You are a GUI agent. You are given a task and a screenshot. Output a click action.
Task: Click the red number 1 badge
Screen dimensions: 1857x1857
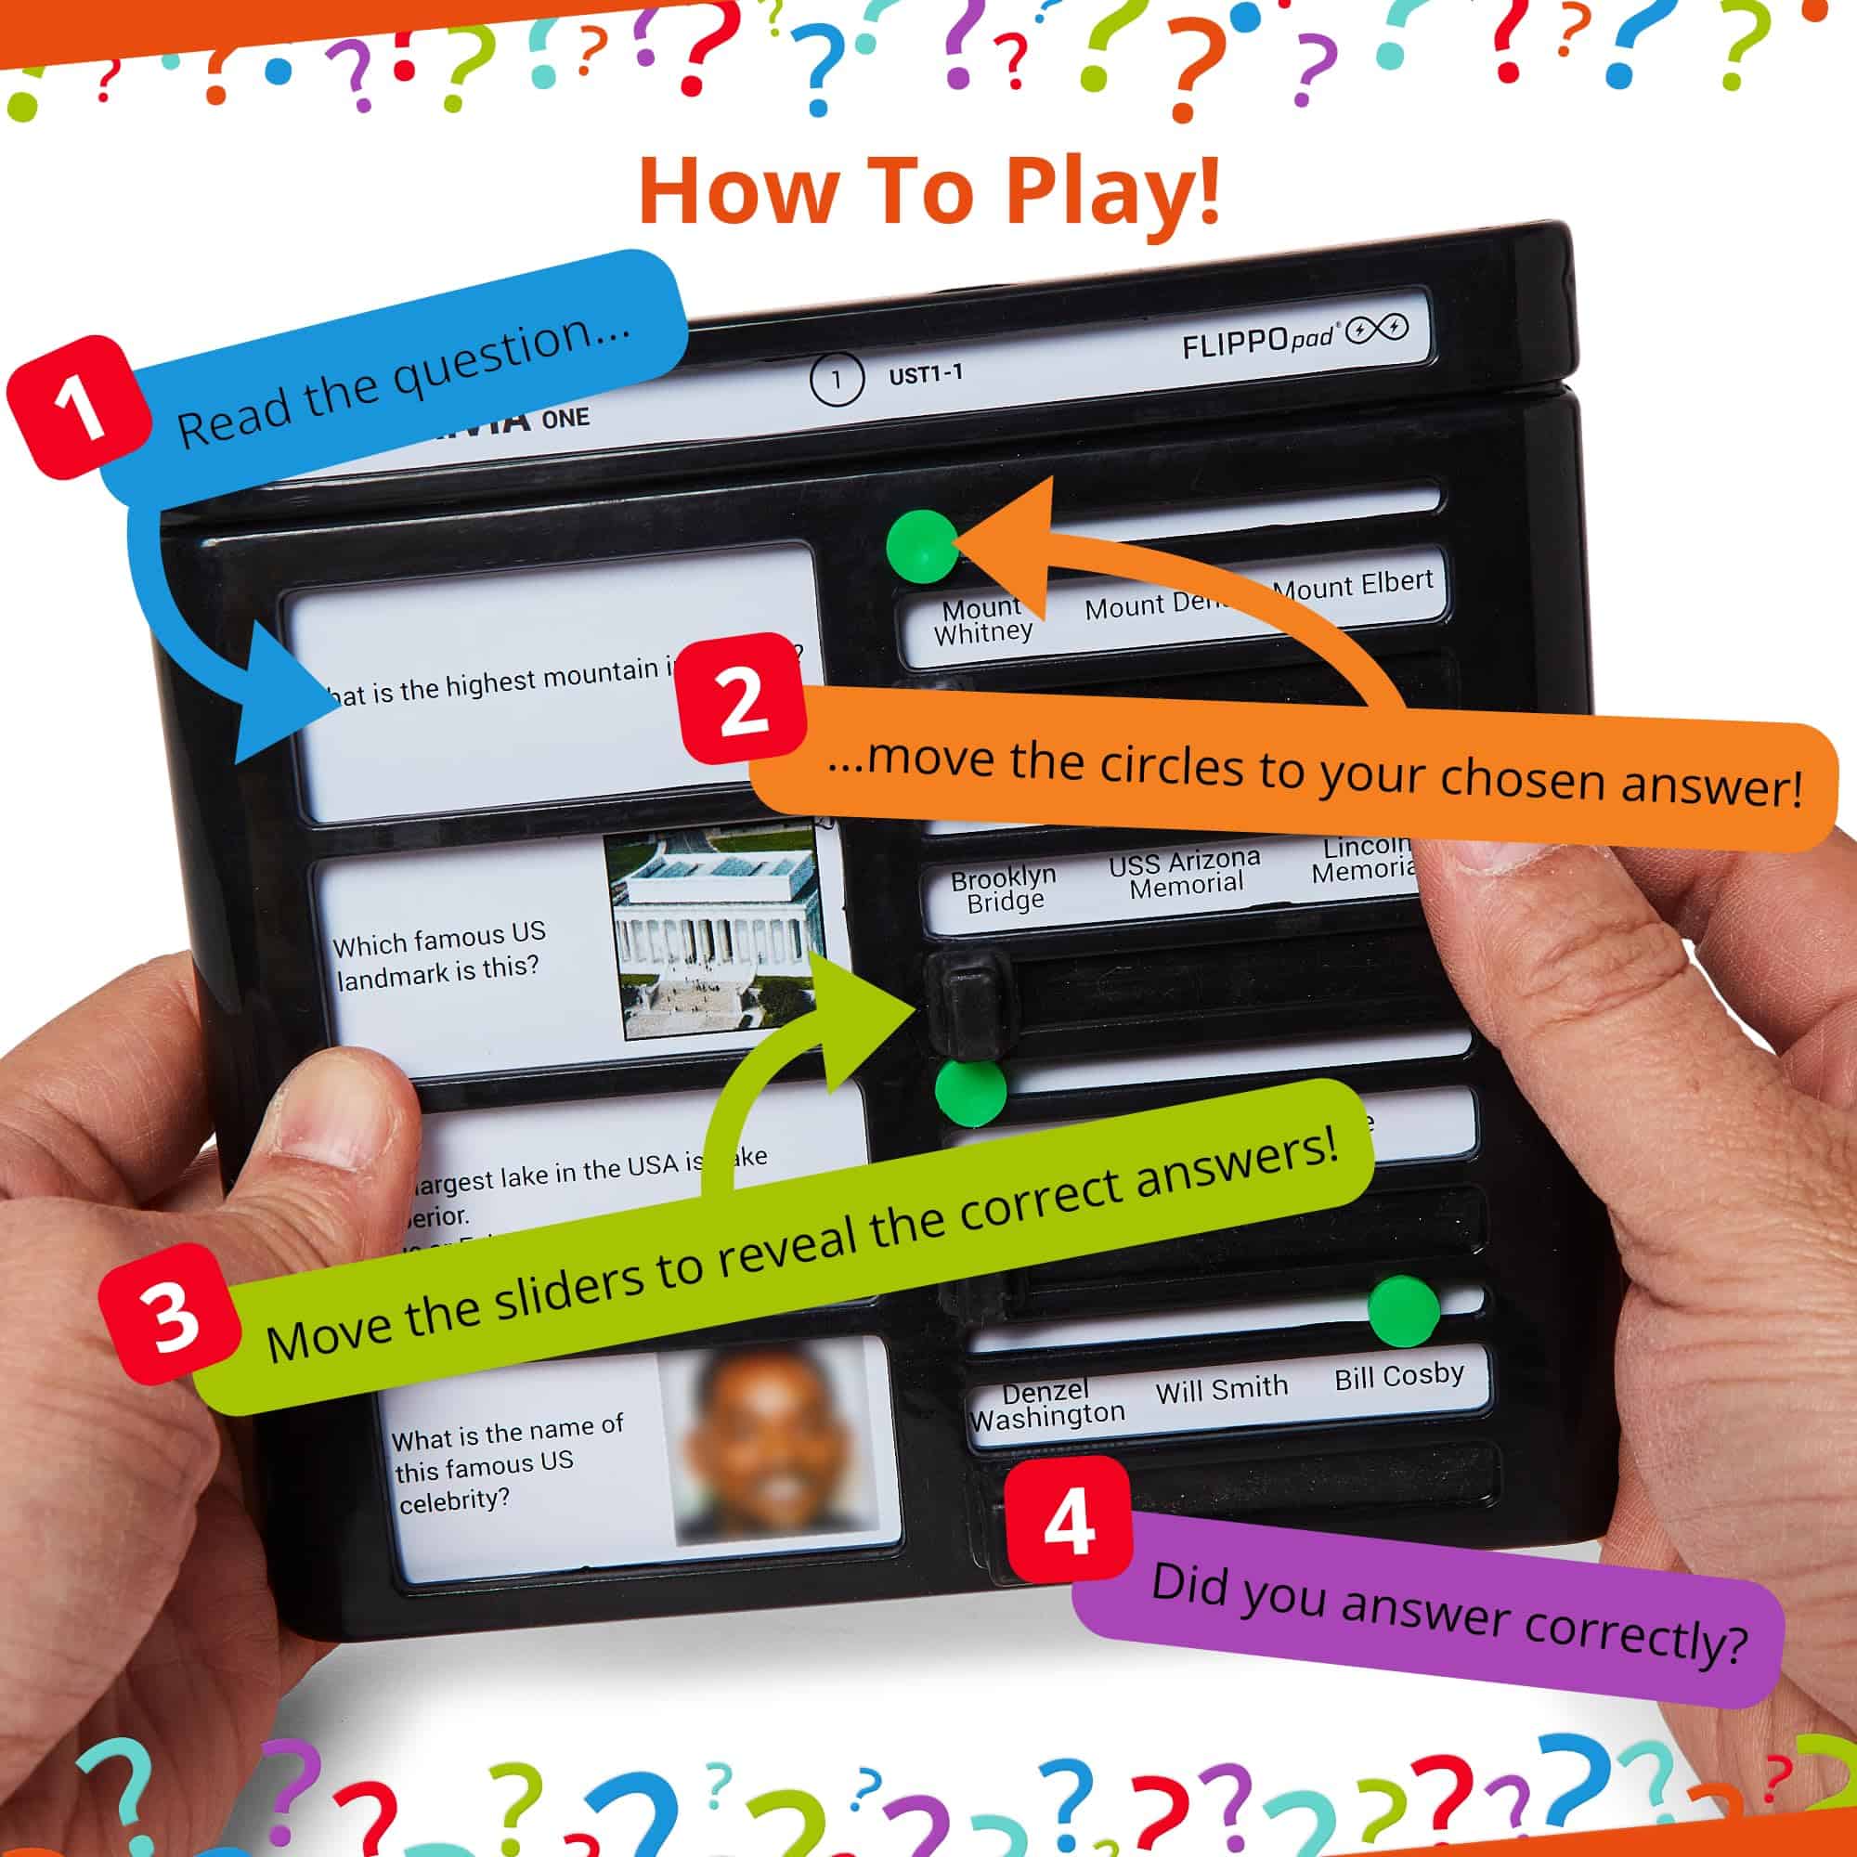(x=79, y=407)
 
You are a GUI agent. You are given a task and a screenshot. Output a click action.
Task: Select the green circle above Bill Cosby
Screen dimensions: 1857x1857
(x=1402, y=1311)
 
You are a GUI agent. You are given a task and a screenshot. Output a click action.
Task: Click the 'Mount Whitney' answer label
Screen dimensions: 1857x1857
(x=982, y=621)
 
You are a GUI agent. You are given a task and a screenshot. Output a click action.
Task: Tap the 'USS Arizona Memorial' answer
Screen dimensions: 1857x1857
(x=1184, y=873)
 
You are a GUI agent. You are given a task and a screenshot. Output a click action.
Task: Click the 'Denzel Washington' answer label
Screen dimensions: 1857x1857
(x=1046, y=1404)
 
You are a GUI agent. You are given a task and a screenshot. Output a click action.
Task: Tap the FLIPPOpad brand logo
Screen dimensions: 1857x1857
(x=1293, y=337)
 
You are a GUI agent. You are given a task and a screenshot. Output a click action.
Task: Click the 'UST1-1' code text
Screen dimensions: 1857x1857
(x=925, y=375)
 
